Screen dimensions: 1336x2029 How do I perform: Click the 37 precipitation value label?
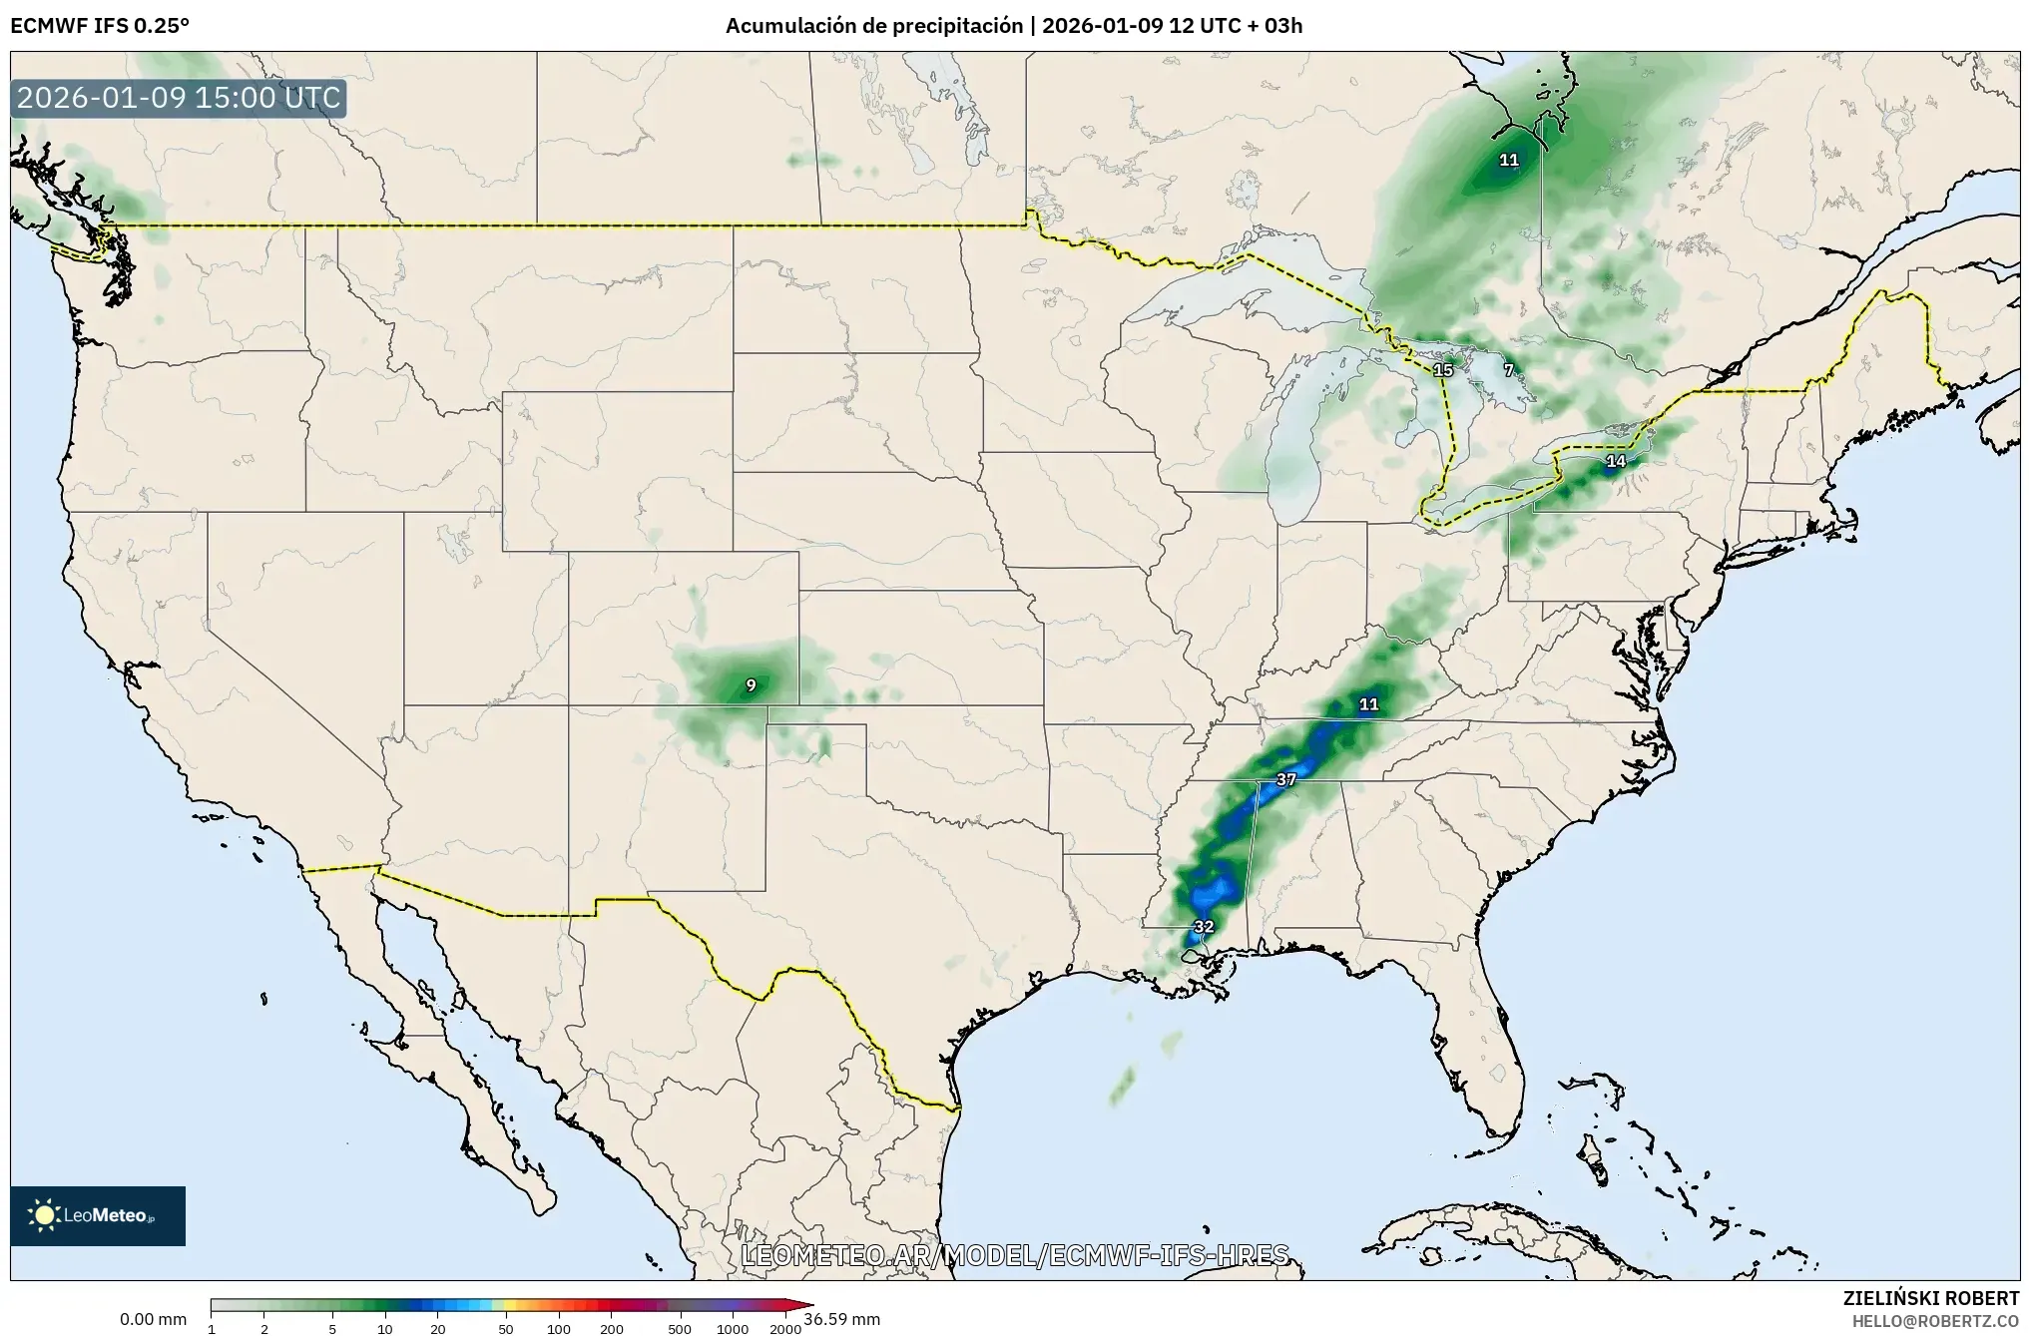1285,779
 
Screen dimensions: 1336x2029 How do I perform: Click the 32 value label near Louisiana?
1204,926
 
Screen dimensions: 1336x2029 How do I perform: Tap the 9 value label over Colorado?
751,684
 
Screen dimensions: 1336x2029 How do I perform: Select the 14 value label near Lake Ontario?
1615,461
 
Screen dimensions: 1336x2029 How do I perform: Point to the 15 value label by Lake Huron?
1442,370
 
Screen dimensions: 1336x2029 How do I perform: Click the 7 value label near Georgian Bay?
1509,370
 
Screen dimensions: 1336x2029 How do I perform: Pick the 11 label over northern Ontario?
1508,160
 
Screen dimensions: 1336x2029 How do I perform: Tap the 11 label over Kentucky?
1368,704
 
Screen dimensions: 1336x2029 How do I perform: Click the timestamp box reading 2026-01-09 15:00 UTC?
179,99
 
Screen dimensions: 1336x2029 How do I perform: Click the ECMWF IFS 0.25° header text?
100,26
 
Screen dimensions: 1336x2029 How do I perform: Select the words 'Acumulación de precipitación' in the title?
873,26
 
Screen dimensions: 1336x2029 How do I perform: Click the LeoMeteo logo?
98,1215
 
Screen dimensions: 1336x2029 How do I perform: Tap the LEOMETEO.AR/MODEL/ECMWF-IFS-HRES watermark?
1014,1254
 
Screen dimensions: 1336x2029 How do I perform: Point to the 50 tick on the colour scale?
506,1328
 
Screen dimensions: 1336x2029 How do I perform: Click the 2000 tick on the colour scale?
785,1328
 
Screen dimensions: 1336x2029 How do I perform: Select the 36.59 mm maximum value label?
841,1319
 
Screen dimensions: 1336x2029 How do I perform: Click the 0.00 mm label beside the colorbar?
153,1319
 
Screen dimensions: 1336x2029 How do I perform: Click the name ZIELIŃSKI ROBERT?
1930,1298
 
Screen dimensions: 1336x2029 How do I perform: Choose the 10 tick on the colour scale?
385,1328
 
